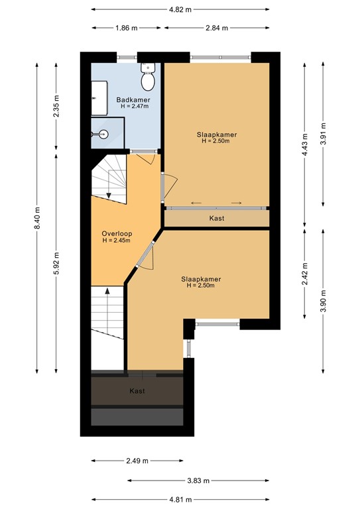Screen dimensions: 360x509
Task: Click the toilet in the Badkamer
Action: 148,77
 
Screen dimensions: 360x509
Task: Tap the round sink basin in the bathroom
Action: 104,133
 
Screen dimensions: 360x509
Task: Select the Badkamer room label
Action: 133,99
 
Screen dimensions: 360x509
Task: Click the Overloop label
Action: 117,233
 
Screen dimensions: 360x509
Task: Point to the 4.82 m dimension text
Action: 180,9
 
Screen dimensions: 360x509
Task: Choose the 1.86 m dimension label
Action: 126,28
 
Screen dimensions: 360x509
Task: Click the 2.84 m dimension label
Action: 217,28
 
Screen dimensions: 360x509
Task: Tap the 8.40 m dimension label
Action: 37,218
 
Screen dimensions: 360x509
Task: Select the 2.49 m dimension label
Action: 137,461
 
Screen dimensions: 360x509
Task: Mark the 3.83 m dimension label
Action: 198,481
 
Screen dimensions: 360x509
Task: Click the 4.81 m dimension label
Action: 180,500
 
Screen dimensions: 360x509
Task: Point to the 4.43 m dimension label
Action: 304,144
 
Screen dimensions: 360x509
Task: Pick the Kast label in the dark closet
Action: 137,391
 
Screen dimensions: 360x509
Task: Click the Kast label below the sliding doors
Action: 217,218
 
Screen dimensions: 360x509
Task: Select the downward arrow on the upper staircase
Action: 109,184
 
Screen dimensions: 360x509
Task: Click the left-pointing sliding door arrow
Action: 196,203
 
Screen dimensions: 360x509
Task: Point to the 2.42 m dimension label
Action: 304,274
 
